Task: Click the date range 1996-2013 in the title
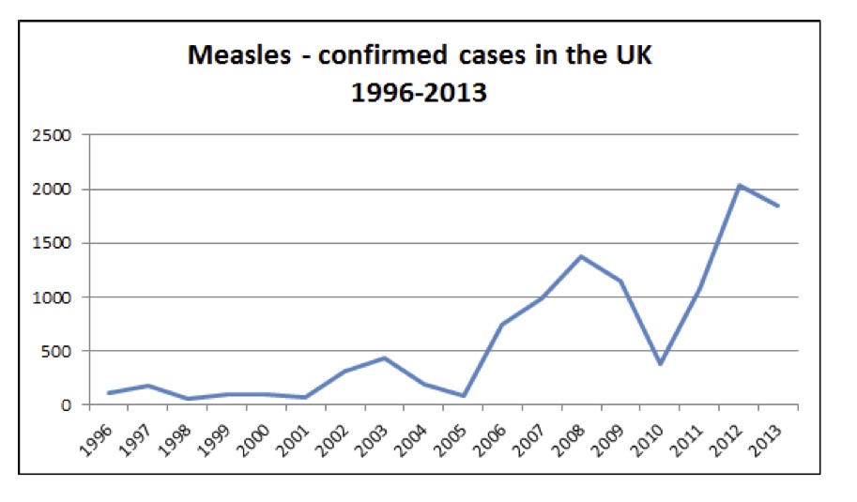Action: click(419, 93)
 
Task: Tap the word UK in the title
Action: click(630, 55)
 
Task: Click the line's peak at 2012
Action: click(740, 186)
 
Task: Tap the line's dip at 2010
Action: click(662, 364)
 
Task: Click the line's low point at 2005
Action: click(464, 396)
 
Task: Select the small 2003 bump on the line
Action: click(385, 357)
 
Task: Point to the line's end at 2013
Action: click(778, 205)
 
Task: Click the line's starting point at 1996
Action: click(109, 393)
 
